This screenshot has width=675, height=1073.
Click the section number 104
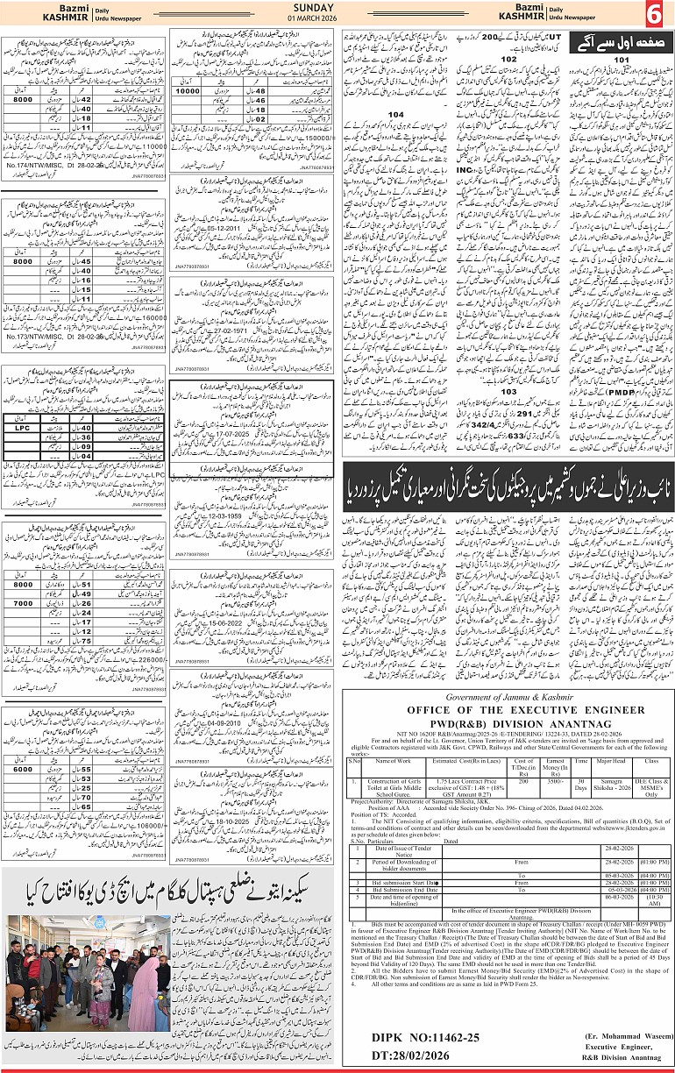(x=396, y=115)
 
